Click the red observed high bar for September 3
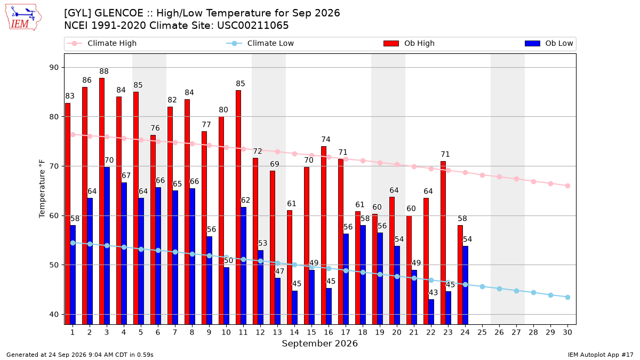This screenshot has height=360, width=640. point(102,201)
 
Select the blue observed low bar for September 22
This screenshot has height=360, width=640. point(431,311)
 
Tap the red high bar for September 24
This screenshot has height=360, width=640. point(460,275)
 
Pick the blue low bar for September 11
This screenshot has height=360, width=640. point(243,266)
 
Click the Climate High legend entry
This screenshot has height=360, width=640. point(101,43)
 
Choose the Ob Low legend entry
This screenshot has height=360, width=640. point(549,43)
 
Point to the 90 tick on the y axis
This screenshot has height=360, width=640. point(54,68)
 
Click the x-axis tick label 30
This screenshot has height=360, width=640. point(567,333)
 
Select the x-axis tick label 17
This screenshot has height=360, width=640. point(346,333)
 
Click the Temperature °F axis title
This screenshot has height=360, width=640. point(42,189)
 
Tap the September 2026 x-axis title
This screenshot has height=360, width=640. point(319,343)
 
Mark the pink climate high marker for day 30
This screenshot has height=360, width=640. point(567,186)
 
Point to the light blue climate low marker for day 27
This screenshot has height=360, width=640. point(517,291)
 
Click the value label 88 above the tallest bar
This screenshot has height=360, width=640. point(104,71)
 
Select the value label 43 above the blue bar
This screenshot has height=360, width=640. point(433,293)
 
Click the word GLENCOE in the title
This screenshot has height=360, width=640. point(118,13)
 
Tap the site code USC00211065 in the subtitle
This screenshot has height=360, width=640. point(253,26)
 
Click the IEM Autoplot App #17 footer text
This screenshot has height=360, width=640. point(601,355)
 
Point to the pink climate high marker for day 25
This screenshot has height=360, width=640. point(482,175)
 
